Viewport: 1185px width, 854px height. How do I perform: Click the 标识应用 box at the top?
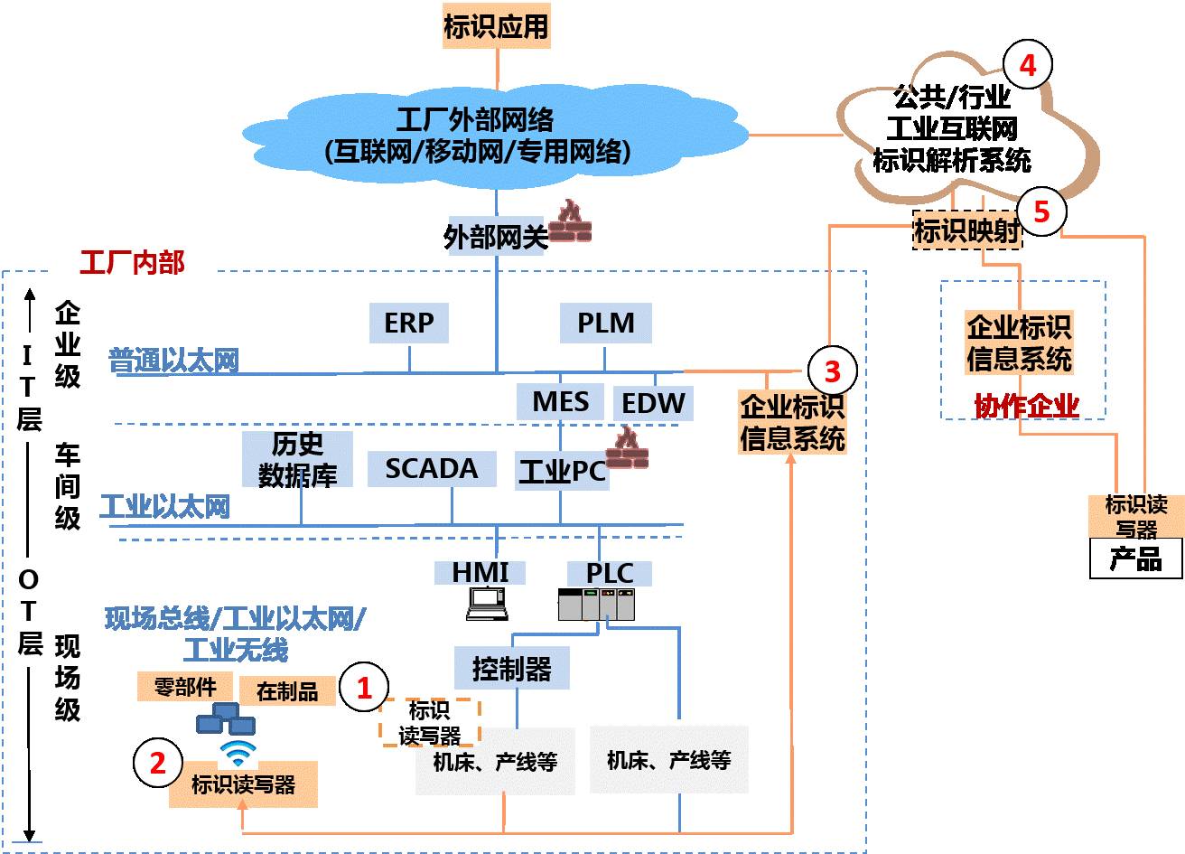tap(496, 26)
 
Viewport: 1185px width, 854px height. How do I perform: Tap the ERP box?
tap(409, 323)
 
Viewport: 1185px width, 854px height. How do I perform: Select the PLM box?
tap(605, 323)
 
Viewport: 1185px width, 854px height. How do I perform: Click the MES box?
tap(560, 402)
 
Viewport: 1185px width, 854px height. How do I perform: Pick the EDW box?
tap(653, 403)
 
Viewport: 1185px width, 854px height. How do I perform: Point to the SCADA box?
tap(432, 469)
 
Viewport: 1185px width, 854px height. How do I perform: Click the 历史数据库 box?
tap(298, 459)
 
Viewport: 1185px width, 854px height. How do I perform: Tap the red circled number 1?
tap(364, 688)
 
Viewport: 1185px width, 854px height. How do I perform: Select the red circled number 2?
tap(158, 762)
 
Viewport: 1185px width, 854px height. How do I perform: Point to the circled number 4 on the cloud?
tap(1028, 65)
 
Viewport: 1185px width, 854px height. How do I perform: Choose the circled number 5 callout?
tap(1041, 211)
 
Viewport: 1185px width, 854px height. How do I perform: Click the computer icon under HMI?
tap(487, 604)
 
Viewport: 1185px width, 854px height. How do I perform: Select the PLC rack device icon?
tap(596, 604)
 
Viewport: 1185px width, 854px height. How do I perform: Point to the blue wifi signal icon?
tap(238, 752)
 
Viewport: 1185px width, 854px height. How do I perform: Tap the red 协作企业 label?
tap(1026, 406)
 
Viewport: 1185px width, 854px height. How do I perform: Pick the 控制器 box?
tap(511, 669)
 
